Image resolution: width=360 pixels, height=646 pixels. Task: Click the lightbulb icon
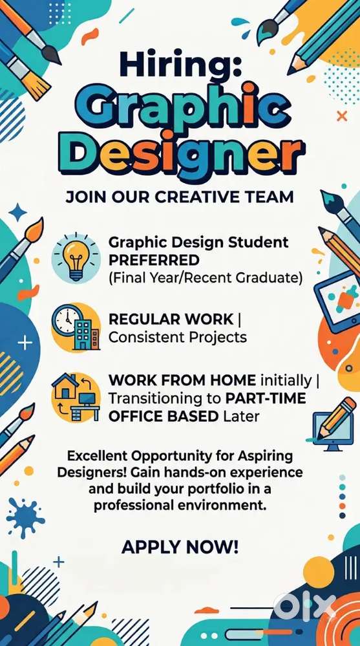76,257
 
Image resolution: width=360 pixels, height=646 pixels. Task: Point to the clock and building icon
76,328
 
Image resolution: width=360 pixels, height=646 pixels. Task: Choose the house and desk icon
76,397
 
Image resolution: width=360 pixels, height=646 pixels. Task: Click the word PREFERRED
154,260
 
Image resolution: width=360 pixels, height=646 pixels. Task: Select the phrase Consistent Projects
178,337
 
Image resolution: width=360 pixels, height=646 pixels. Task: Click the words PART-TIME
266,398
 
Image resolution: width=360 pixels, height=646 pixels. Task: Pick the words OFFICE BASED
164,416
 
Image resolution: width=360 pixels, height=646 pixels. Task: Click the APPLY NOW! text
180,547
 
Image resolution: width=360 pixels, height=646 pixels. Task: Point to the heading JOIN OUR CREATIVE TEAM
180,197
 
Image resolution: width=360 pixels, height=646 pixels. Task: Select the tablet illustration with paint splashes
337,301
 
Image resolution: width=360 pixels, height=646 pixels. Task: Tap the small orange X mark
342,116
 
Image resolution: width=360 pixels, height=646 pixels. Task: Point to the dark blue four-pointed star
17,212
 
